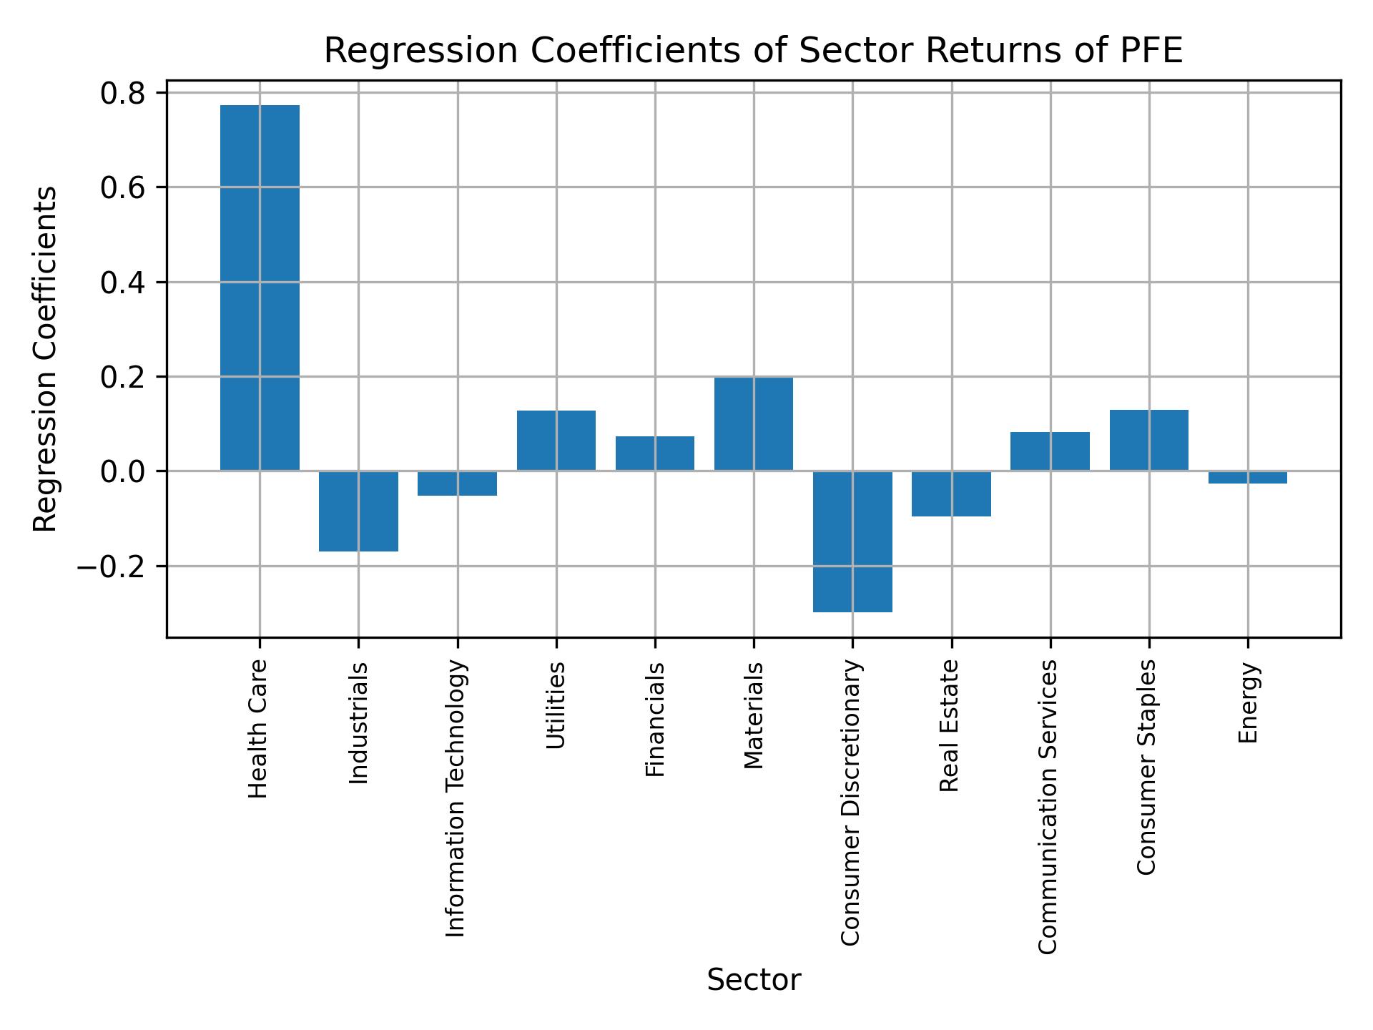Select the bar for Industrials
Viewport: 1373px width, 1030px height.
click(x=358, y=511)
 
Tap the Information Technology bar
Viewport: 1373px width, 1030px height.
click(x=458, y=484)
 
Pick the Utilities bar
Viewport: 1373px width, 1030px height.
click(x=556, y=441)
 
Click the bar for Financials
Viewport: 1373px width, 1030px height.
click(x=655, y=453)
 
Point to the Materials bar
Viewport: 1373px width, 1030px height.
click(x=754, y=423)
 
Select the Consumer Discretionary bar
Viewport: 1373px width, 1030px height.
click(x=852, y=541)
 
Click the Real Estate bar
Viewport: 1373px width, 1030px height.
click(x=951, y=494)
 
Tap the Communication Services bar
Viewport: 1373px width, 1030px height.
click(x=1050, y=451)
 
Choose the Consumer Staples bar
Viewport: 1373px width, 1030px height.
click(x=1148, y=440)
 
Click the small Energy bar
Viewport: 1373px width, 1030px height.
click(x=1248, y=478)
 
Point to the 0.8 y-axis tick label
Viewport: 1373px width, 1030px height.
click(x=123, y=94)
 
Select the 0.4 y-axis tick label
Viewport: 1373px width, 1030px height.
click(x=123, y=283)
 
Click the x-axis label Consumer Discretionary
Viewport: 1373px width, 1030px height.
click(x=850, y=803)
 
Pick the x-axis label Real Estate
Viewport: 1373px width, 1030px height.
click(x=949, y=726)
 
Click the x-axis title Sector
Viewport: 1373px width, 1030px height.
click(x=754, y=980)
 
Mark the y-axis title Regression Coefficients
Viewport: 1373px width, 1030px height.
click(x=46, y=359)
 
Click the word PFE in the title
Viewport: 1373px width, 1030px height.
click(x=1153, y=51)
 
